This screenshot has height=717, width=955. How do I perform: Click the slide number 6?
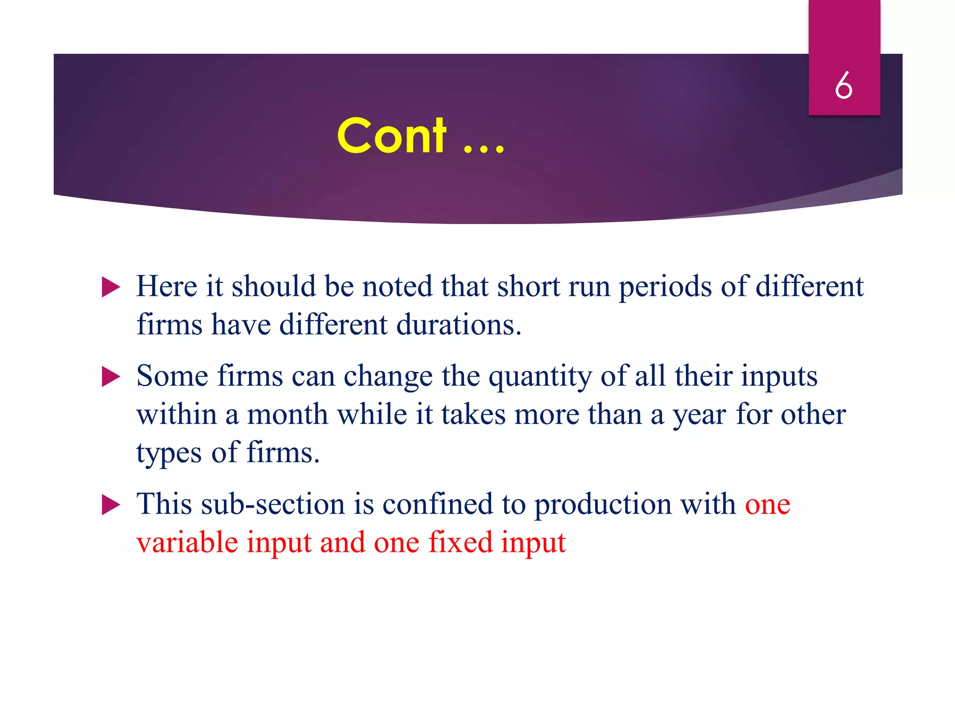click(844, 85)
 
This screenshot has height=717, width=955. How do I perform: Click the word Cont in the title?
click(392, 136)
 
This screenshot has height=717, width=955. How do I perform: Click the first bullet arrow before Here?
click(111, 287)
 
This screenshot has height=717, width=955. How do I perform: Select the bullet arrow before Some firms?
click(111, 376)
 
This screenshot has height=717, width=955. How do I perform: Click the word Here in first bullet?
click(166, 286)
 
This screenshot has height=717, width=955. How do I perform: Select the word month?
click(287, 415)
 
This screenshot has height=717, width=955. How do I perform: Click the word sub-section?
click(273, 505)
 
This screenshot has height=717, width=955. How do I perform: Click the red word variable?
click(187, 542)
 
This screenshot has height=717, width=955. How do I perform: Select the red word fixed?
click(460, 542)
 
